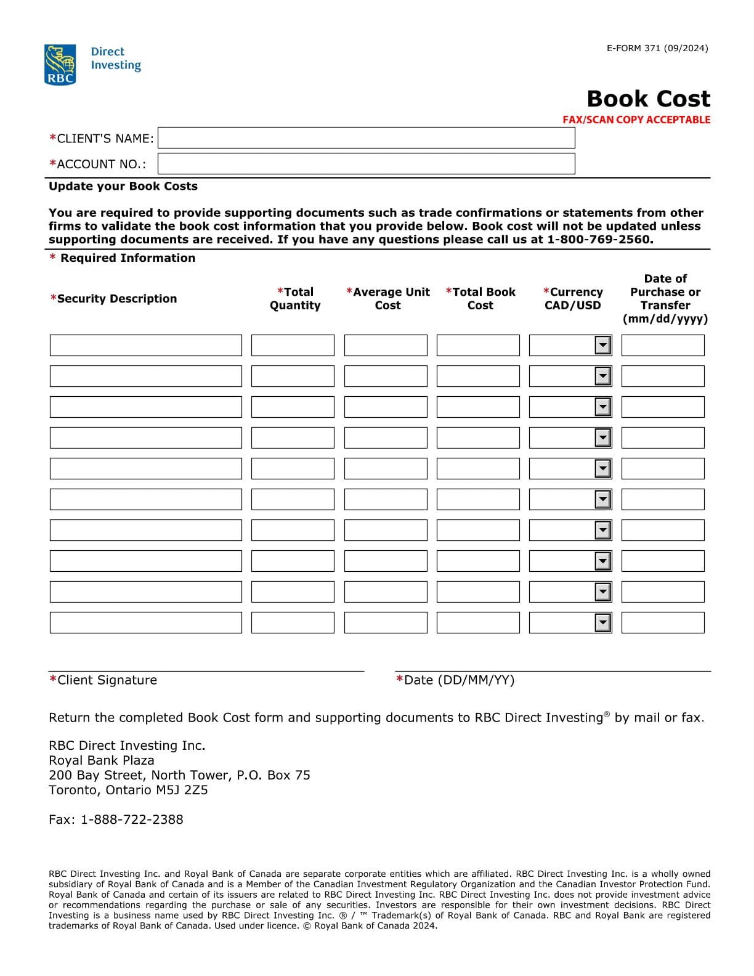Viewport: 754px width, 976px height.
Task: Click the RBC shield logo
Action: pos(60,64)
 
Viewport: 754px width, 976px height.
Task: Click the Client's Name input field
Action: pos(366,138)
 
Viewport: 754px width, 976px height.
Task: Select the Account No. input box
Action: pos(366,164)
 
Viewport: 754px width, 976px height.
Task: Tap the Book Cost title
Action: pos(648,99)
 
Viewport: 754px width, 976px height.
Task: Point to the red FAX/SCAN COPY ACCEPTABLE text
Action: pos(636,120)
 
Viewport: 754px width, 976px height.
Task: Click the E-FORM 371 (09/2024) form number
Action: pos(657,48)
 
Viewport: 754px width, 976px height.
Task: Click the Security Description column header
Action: pos(114,299)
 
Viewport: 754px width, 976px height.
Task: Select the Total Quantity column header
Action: pos(295,299)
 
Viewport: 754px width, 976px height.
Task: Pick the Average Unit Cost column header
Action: pos(387,299)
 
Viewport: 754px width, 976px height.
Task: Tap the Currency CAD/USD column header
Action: pos(572,299)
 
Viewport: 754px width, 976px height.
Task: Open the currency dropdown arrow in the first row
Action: pos(603,346)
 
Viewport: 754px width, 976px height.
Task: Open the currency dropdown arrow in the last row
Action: pos(603,623)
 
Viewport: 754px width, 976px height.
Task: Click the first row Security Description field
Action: pos(145,346)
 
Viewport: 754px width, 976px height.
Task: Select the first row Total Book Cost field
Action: pos(478,346)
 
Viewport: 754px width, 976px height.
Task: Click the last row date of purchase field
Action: pos(663,623)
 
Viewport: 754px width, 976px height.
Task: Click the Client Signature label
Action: pos(103,680)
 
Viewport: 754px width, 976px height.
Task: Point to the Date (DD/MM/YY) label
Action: pos(455,680)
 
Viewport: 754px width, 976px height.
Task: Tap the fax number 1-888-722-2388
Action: pos(132,819)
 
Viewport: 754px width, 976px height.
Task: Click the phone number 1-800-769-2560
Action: pos(599,240)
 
